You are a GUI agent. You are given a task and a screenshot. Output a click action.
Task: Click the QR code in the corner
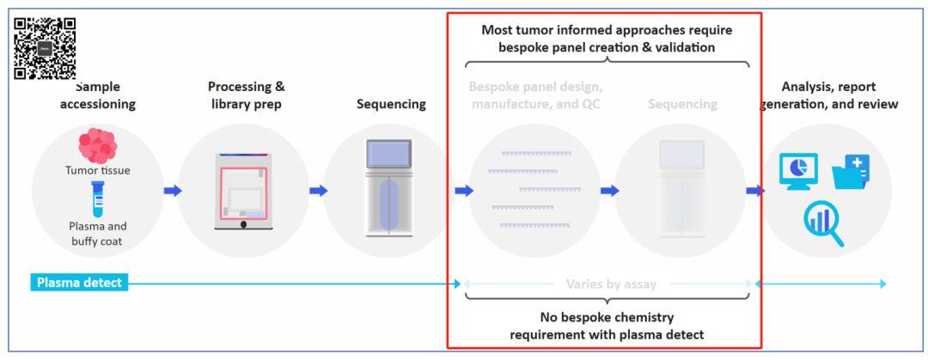(45, 48)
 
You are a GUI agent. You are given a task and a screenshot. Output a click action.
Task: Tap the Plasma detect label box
(80, 283)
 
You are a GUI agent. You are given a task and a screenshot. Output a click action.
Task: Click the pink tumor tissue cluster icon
(97, 146)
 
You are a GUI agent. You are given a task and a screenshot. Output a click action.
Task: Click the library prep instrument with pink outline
(245, 191)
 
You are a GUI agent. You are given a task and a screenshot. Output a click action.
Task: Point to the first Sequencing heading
(391, 104)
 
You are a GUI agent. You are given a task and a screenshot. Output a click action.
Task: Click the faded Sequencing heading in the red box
(682, 104)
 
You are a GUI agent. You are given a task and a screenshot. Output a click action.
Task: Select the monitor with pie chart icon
(798, 170)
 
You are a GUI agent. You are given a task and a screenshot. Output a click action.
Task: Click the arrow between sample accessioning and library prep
(173, 191)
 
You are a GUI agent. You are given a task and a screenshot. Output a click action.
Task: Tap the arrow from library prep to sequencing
(319, 191)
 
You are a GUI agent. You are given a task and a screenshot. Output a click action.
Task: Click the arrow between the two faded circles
(610, 191)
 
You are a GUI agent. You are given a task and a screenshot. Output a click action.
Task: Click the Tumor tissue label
(97, 170)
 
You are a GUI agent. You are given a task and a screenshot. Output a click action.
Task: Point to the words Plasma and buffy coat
(97, 234)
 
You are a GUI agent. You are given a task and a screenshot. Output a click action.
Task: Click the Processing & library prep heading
(247, 95)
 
